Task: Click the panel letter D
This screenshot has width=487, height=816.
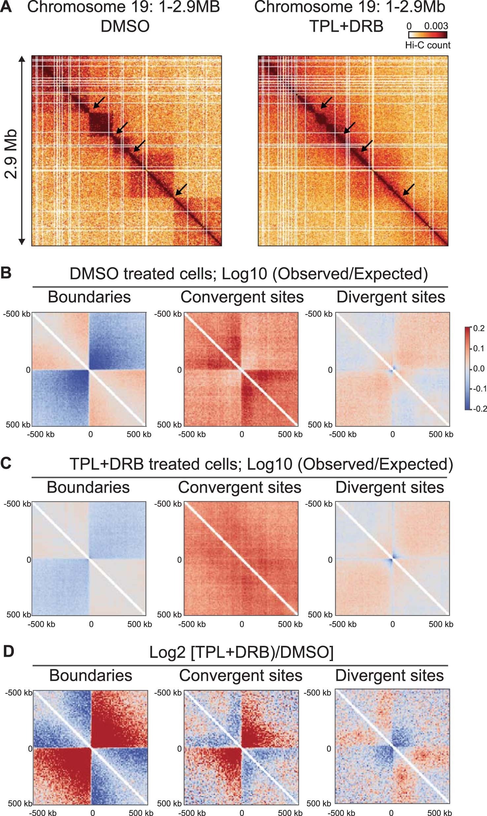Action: click(x=8, y=651)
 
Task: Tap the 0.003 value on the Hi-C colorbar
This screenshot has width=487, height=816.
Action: click(x=436, y=26)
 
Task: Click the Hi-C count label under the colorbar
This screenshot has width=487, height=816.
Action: click(x=428, y=45)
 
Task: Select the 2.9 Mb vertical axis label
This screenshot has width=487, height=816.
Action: click(x=11, y=154)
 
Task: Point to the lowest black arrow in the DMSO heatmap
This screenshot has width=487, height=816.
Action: click(x=181, y=190)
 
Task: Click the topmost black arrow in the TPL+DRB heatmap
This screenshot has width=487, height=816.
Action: click(x=327, y=102)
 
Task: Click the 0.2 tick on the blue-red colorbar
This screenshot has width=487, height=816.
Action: click(x=479, y=328)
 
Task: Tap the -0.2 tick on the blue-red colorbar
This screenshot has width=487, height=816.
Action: click(x=479, y=409)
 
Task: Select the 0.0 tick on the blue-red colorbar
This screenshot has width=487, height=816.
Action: click(x=479, y=368)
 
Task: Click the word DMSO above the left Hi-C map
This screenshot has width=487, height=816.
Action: click(x=125, y=26)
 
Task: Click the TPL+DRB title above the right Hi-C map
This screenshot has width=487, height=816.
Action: click(x=346, y=26)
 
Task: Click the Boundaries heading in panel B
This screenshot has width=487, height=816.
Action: click(x=89, y=297)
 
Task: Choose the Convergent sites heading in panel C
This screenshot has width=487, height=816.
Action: click(x=240, y=487)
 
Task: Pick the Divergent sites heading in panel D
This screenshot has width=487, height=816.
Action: click(x=389, y=675)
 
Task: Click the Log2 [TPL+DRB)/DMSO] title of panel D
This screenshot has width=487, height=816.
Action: click(x=241, y=652)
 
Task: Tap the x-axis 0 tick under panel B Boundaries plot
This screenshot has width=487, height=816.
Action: click(x=91, y=434)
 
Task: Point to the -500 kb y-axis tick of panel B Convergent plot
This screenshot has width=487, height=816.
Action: click(x=168, y=314)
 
